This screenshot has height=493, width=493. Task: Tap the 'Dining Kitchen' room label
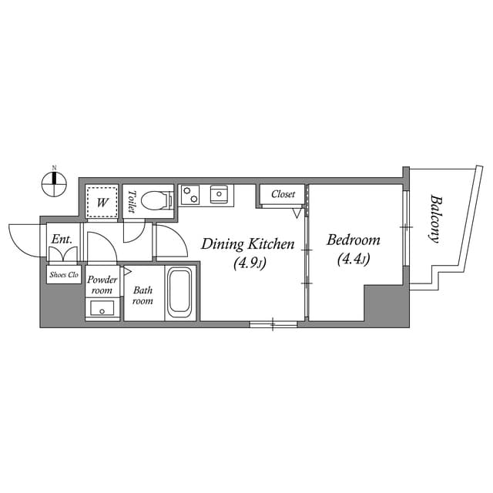click(247, 244)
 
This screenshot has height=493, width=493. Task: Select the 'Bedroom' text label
click(354, 240)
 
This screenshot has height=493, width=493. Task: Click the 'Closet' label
click(283, 194)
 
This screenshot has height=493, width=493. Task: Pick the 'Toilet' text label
click(132, 201)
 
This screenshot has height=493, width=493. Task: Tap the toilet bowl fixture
click(157, 200)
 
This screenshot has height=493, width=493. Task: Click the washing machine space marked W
click(101, 203)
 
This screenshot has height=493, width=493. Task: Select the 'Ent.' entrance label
click(62, 240)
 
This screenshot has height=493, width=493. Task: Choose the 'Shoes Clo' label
click(63, 274)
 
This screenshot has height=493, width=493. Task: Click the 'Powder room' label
click(102, 285)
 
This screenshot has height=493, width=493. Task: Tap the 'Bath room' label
click(143, 295)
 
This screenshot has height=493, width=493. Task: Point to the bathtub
click(182, 293)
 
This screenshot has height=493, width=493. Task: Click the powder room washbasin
click(102, 309)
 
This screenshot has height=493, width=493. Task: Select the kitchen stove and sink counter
click(206, 195)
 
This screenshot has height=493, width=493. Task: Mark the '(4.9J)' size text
click(249, 264)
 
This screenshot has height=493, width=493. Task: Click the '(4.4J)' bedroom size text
click(354, 260)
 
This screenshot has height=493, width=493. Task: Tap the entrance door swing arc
click(25, 240)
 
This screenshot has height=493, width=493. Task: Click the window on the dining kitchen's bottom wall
click(273, 324)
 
